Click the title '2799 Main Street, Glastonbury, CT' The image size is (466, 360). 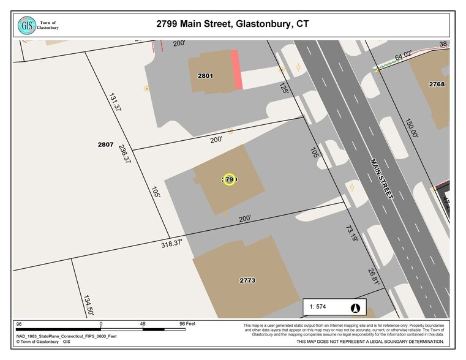coord(233,24)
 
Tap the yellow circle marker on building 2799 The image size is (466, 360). coord(229,179)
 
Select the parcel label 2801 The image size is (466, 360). coord(205,75)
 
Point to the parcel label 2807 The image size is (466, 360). coord(105,144)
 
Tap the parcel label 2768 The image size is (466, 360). coord(437,84)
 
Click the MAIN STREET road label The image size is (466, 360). coord(381,178)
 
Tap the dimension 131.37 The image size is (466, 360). coord(113,102)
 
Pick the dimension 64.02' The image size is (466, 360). coord(403,57)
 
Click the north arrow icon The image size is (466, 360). coord(355,307)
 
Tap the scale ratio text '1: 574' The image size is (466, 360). coord(320,307)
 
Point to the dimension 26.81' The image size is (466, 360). coord(374,276)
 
